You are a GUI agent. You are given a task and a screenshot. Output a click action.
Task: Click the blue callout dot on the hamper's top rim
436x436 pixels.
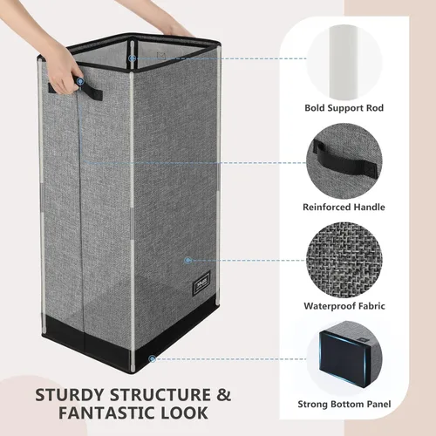(133, 59)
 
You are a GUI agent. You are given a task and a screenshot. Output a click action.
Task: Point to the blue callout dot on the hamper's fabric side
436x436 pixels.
(187, 260)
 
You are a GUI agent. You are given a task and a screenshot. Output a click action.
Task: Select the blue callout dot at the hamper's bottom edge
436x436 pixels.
(153, 358)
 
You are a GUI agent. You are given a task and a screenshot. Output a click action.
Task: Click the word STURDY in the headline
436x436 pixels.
(71, 395)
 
